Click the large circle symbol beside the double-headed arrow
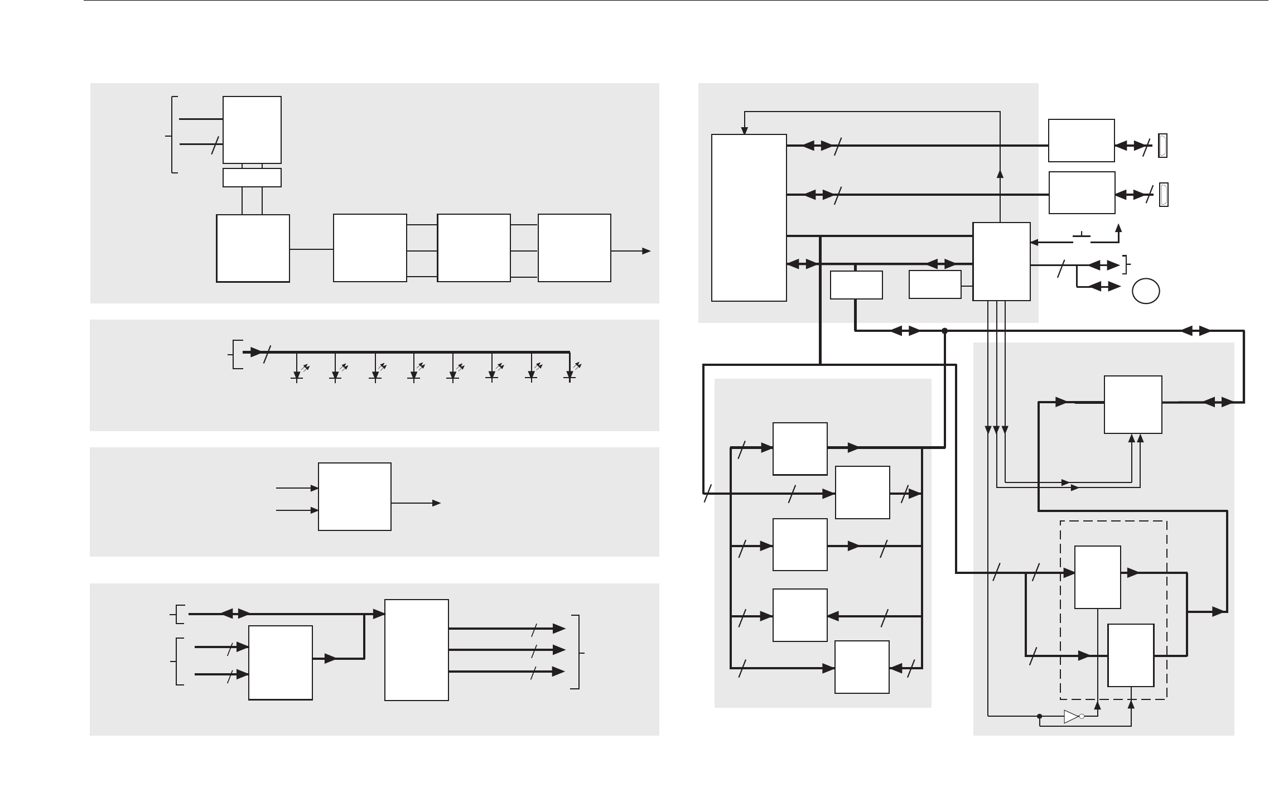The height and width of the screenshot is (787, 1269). tap(1146, 291)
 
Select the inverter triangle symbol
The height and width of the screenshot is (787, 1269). tap(1071, 717)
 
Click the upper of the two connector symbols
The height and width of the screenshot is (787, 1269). tap(1163, 146)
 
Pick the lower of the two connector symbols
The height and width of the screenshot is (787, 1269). tap(1164, 195)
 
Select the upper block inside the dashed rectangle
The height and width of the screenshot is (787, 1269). tap(1097, 577)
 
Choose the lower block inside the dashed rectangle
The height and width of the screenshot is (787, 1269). tap(1130, 655)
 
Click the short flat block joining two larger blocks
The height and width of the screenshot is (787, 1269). tap(252, 177)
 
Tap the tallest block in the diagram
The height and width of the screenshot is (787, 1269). tap(749, 218)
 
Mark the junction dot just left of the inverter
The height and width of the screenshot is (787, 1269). tap(1039, 717)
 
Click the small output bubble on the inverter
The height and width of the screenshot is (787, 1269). tap(1082, 717)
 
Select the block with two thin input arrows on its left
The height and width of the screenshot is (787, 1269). tap(354, 496)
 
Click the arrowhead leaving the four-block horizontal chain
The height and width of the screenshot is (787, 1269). tap(646, 251)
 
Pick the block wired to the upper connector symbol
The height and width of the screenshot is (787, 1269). tap(1081, 141)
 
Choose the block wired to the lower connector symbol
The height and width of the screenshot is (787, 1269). tap(1082, 192)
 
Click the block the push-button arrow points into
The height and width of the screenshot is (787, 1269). tap(1001, 262)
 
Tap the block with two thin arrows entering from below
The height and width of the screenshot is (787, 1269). tap(1133, 404)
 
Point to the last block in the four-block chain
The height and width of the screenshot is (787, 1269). tap(574, 248)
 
